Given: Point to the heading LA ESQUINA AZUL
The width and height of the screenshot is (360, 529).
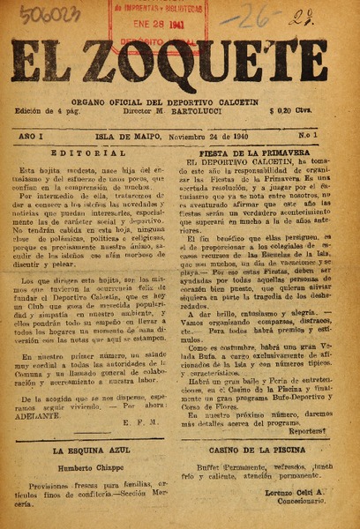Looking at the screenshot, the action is click(x=86, y=450).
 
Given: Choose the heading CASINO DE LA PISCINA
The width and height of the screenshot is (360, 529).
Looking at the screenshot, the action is click(x=265, y=450).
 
